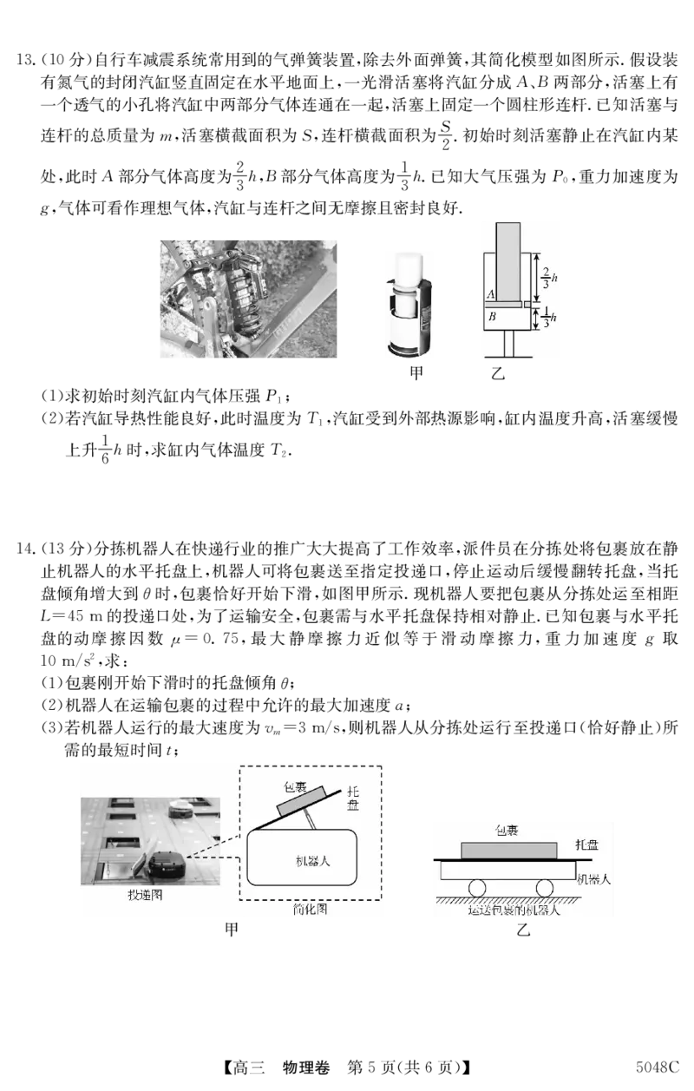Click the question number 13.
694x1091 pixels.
pyautogui.click(x=24, y=61)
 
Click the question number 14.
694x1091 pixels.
pyautogui.click(x=24, y=549)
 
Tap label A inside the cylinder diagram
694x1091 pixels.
pyautogui.click(x=490, y=294)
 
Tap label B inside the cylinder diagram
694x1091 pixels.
pyautogui.click(x=492, y=317)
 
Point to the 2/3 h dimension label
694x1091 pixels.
pyautogui.click(x=549, y=278)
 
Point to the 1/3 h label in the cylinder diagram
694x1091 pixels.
pyautogui.click(x=549, y=318)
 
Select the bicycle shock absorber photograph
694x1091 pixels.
pyautogui.click(x=248, y=299)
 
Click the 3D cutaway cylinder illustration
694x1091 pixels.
pyautogui.click(x=409, y=305)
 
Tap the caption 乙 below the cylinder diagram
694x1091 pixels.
pyautogui.click(x=498, y=373)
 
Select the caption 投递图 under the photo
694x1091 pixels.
pyautogui.click(x=145, y=894)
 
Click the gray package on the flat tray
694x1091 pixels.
pyautogui.click(x=509, y=850)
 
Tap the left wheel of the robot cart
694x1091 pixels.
pyautogui.click(x=477, y=888)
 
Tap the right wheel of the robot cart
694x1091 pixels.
pyautogui.click(x=545, y=888)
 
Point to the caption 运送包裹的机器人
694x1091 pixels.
pyautogui.click(x=514, y=910)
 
